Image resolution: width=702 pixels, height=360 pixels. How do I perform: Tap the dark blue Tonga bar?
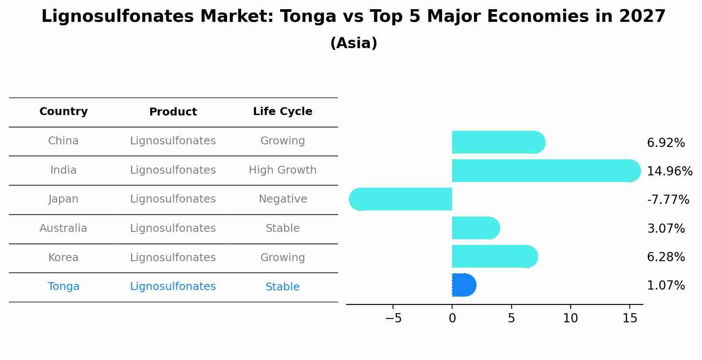(x=463, y=285)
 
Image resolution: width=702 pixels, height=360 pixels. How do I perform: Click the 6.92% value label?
(x=665, y=143)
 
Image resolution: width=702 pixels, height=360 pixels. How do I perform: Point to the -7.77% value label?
(x=667, y=200)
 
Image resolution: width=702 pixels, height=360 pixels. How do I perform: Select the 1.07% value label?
(x=665, y=286)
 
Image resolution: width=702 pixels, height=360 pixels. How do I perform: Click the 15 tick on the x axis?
(x=629, y=318)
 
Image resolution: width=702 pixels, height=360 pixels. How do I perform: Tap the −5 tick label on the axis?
(x=393, y=318)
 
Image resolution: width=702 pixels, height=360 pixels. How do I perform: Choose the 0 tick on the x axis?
(x=452, y=318)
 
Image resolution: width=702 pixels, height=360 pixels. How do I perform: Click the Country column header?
(x=63, y=112)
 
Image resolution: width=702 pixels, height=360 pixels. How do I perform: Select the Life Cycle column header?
(x=282, y=112)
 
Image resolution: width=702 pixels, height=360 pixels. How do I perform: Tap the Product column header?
(x=173, y=112)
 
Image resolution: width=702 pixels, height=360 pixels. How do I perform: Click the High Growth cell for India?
(x=282, y=170)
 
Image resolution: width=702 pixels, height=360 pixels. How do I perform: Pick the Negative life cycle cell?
(x=282, y=199)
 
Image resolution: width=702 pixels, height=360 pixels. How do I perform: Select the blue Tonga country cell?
(x=63, y=287)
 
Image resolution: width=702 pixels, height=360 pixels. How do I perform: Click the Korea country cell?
(x=63, y=258)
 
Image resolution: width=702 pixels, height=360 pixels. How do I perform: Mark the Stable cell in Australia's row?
(x=282, y=228)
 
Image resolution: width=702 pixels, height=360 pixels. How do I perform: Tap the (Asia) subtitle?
(x=354, y=43)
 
